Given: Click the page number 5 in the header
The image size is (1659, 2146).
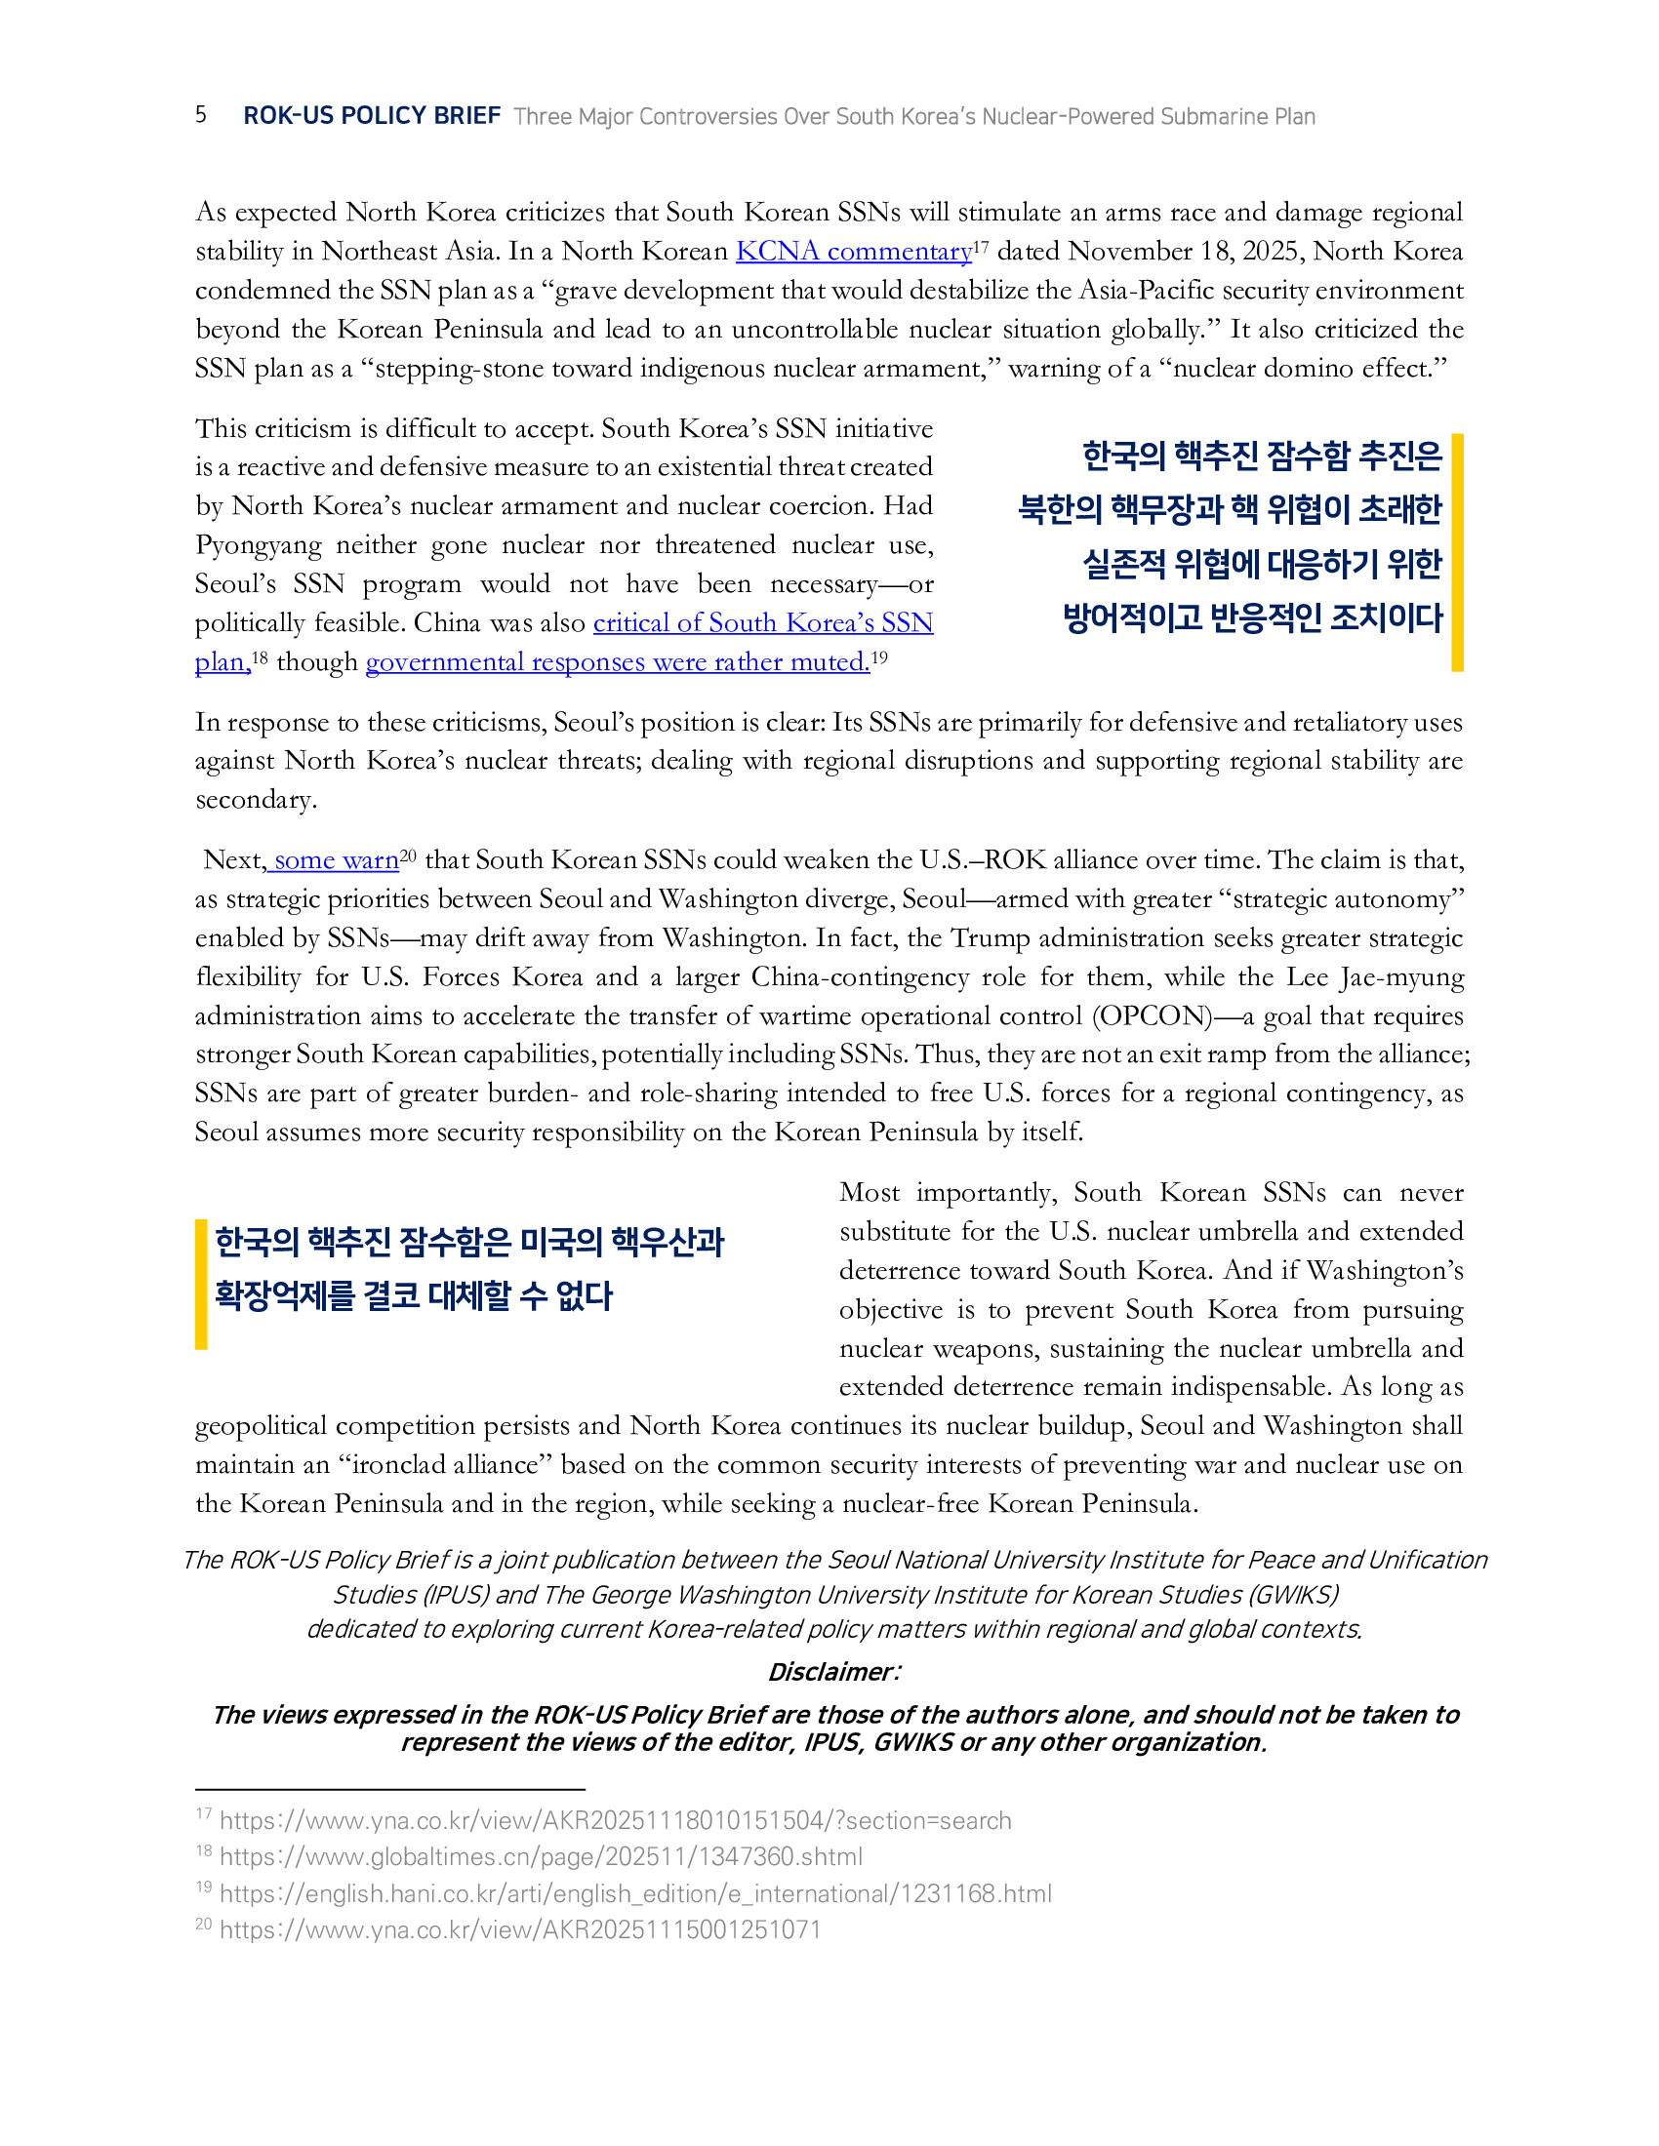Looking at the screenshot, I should [x=200, y=114].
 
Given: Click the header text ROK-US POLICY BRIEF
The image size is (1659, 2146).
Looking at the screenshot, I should [x=372, y=116].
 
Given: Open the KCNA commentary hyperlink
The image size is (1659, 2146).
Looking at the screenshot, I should [x=853, y=252].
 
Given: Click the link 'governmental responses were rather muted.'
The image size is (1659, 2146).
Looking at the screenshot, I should [x=617, y=662].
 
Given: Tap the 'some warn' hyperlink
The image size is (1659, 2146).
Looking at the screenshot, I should [x=335, y=860].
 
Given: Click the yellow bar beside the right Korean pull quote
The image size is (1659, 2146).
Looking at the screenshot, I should [x=1457, y=552].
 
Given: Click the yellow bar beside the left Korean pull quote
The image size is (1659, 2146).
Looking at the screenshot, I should [x=201, y=1284].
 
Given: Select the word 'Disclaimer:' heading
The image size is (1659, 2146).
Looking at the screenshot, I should [x=833, y=1671].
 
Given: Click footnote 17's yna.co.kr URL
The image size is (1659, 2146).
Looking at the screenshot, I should [x=615, y=1821].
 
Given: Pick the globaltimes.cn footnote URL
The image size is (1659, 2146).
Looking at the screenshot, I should [x=541, y=1857].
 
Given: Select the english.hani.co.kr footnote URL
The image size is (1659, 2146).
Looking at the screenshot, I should [x=635, y=1893].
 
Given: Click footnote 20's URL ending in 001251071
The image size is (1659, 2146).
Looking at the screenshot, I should [x=519, y=1929].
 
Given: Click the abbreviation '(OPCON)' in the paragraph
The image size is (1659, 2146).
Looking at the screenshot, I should [x=1152, y=1016].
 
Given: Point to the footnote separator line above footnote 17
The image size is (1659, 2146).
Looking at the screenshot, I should [x=389, y=1789].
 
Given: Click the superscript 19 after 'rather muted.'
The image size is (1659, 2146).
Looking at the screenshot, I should [x=879, y=656].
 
